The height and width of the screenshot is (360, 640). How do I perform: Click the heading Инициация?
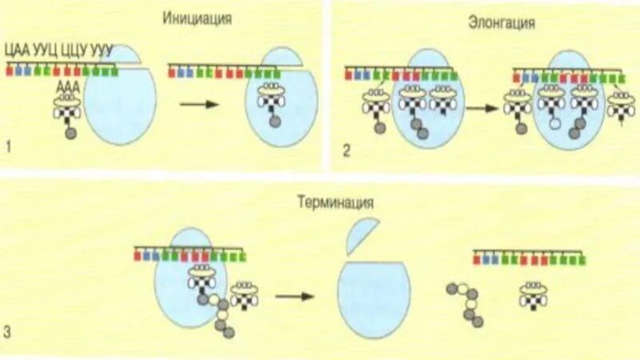tap(197, 18)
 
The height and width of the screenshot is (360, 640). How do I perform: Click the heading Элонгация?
tap(501, 23)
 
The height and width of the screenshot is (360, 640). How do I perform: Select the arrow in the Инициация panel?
tap(200, 104)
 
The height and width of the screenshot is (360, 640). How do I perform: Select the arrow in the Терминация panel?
tap(294, 297)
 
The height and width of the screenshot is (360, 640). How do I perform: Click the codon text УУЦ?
tap(46, 50)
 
